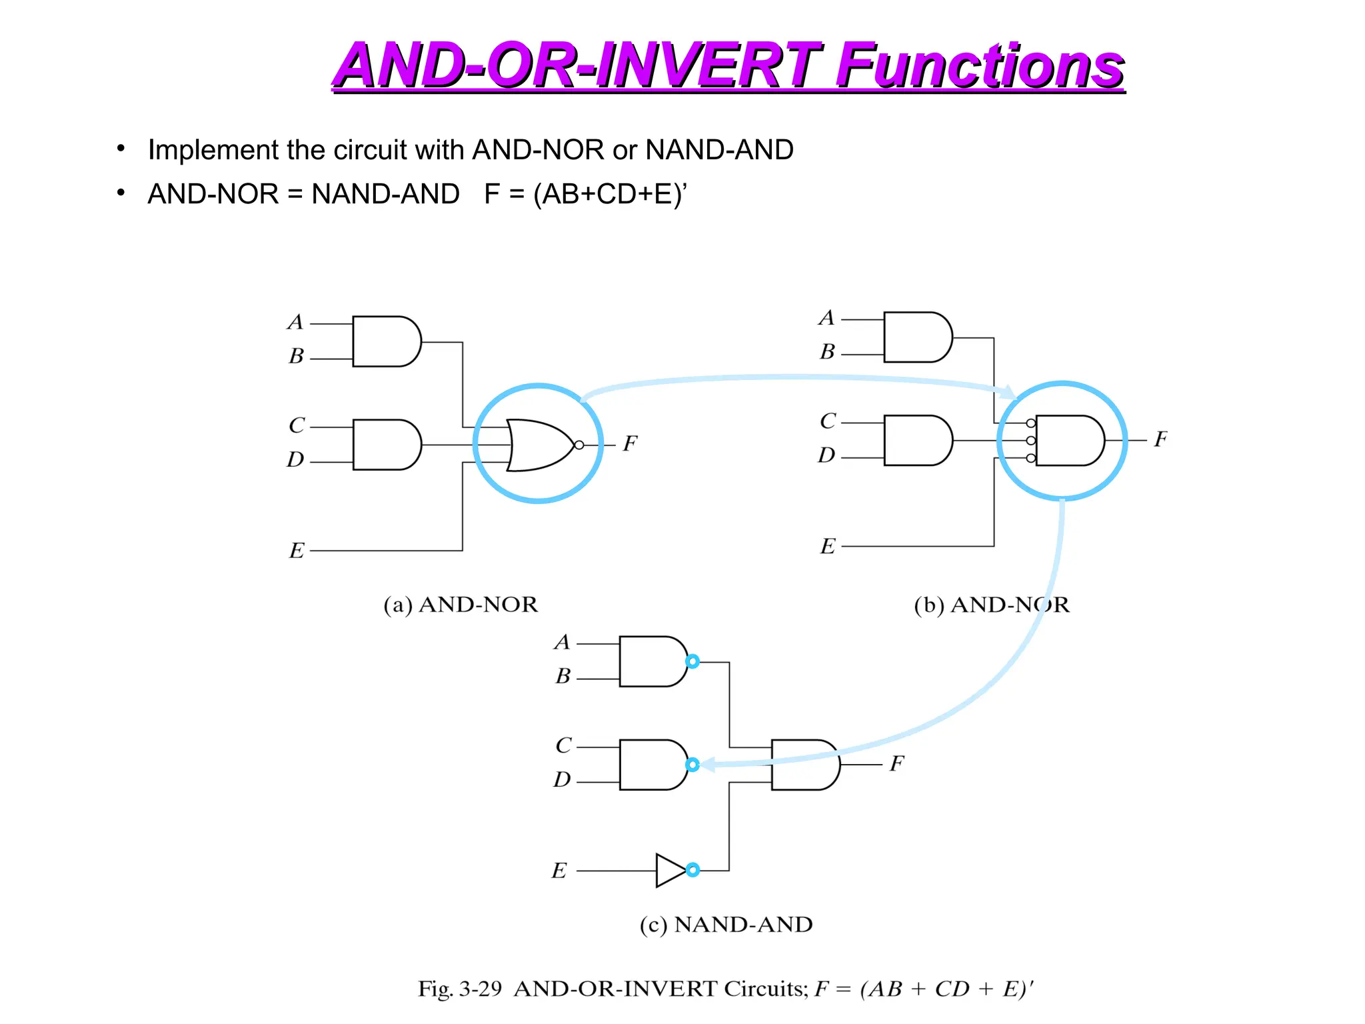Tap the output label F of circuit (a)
pos(630,443)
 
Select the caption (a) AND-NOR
pos(460,605)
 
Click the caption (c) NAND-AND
pos(726,925)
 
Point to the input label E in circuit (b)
pos(827,546)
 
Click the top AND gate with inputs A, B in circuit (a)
pos(386,341)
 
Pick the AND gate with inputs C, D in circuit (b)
pos(917,440)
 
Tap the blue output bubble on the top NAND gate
pos(692,661)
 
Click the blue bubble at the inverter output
pos(692,870)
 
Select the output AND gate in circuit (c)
pos(804,765)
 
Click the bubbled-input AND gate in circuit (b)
pos(1068,441)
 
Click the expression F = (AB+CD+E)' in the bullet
pos(585,194)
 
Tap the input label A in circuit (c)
pos(562,642)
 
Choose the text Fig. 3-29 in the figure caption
pos(459,988)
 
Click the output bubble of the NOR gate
pos(579,445)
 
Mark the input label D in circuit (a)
pos(295,459)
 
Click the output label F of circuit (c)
pos(896,763)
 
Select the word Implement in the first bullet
pos(204,150)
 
